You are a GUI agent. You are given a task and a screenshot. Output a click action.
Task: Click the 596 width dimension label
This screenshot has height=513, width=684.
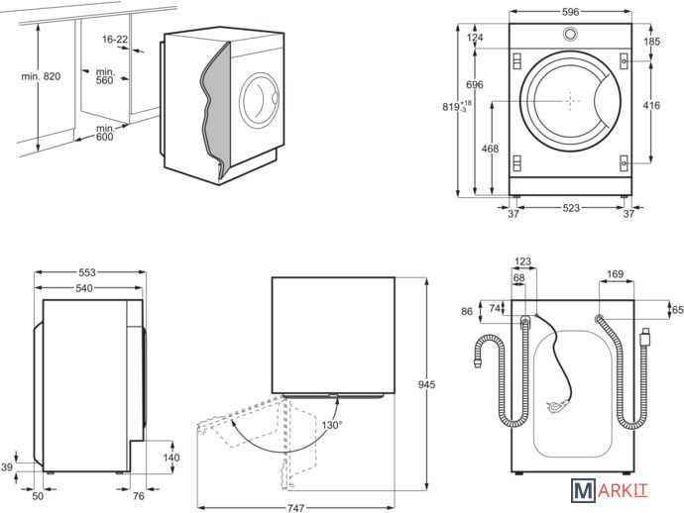coord(570,12)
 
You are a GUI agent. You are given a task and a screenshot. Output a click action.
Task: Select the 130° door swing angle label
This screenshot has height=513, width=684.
coord(330,425)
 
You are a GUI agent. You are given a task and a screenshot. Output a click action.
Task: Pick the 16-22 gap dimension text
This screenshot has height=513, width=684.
coord(115,40)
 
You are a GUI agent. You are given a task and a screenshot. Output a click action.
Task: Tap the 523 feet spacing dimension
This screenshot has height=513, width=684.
coord(567,208)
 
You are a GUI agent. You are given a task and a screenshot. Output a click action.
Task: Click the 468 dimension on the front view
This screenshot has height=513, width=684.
coord(490,150)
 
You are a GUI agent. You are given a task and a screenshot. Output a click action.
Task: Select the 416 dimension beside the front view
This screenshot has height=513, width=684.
coord(651,104)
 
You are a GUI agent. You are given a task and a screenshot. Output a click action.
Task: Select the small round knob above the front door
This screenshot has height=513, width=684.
coord(570,35)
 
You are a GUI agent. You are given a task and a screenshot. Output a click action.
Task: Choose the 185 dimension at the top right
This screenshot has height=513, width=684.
coord(651,43)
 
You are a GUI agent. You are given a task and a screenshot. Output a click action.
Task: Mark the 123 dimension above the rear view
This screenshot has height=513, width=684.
coord(523,262)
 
